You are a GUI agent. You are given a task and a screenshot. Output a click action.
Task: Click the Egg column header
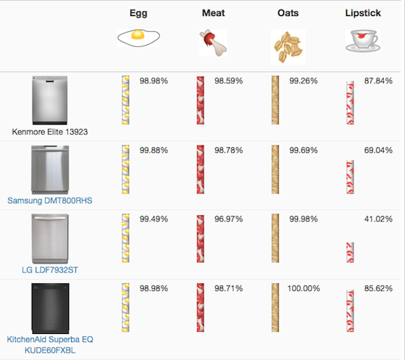(x=138, y=13)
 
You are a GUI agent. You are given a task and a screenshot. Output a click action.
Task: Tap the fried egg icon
(x=138, y=38)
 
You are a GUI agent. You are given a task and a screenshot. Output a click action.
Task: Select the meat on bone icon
(x=213, y=43)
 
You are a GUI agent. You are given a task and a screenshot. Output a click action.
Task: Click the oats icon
(x=288, y=47)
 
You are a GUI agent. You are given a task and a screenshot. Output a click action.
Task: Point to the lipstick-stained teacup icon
(x=363, y=41)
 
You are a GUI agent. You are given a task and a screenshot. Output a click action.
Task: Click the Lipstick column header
(x=363, y=13)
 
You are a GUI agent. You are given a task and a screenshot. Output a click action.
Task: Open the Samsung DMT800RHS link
(x=50, y=201)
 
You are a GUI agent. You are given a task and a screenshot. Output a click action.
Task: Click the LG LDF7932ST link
(x=50, y=270)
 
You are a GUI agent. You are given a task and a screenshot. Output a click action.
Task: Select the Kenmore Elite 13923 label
(x=50, y=132)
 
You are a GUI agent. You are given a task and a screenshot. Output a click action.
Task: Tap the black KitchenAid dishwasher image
(x=50, y=309)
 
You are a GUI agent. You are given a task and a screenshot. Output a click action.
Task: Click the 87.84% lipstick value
(x=378, y=81)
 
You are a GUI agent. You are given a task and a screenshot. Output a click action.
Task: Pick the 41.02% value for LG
(x=378, y=219)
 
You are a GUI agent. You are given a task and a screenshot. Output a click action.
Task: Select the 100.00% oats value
(x=304, y=288)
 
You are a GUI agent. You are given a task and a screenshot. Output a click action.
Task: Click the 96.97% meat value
(x=229, y=219)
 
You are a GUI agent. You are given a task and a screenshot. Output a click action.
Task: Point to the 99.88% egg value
(x=154, y=150)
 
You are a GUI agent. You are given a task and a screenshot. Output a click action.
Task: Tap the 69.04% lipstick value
(x=378, y=150)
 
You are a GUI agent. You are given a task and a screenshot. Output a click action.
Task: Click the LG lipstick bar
(x=350, y=253)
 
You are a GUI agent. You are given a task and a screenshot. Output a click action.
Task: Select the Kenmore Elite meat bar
(x=201, y=100)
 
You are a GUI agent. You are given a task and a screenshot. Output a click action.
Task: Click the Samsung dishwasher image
(x=50, y=170)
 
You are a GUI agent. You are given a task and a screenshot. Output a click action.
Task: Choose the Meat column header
(x=213, y=13)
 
